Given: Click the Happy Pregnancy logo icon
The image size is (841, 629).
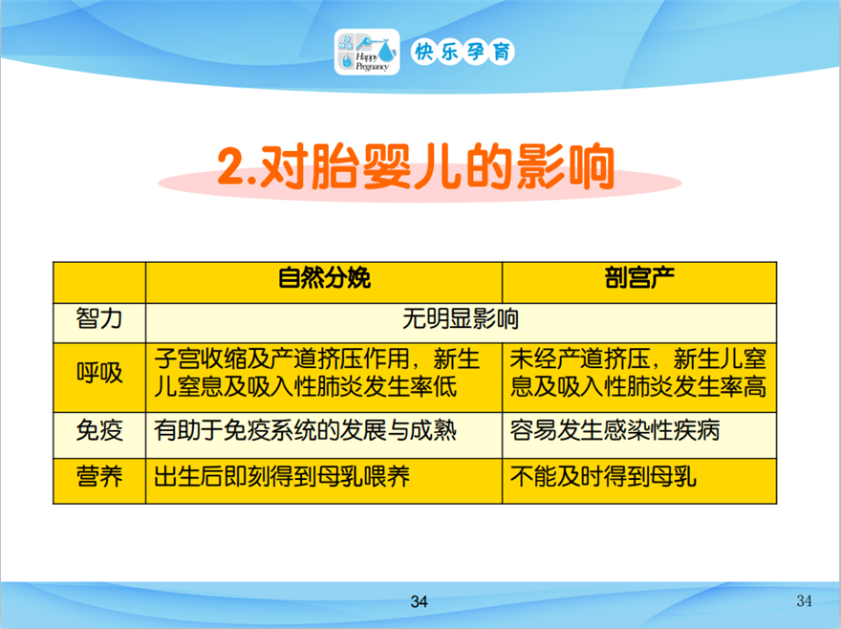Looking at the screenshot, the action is pos(367,52).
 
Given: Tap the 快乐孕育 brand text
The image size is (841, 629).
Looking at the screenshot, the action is pos(463,52).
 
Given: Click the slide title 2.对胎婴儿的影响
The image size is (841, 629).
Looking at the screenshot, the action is pos(416,167).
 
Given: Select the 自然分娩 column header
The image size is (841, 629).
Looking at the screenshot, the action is pos(324,278).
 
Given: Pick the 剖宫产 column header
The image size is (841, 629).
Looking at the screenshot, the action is pos(639,278).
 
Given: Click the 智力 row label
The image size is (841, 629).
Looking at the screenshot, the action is pos(99,318).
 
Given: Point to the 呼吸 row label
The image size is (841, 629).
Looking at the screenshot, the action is pos(99,373).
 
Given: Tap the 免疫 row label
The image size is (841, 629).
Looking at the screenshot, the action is pos(99,430).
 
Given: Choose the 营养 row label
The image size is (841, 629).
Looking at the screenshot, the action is pos(99,477).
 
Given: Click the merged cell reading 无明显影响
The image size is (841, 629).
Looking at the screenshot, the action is pos(461,319).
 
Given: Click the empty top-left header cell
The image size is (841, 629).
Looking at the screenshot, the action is pos(99,283).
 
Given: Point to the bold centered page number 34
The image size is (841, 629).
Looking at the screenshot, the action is pos(419,601).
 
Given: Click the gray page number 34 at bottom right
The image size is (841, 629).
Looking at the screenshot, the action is pos(804,600).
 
